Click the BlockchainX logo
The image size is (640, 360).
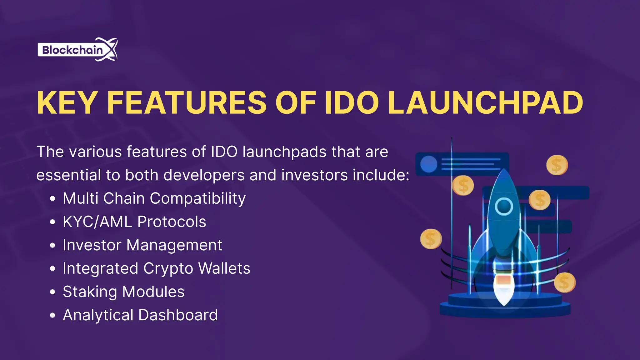tap(77, 50)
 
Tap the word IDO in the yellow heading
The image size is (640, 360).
tap(352, 103)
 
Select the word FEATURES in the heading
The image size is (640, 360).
tap(186, 103)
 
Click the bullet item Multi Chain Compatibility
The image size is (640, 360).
tap(154, 198)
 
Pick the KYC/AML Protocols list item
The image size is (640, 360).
tap(134, 222)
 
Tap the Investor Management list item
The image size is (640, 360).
tap(142, 245)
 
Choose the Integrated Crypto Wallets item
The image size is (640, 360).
tap(156, 268)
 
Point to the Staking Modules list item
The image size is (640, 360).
tap(123, 292)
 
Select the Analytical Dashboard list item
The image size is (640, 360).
tap(140, 315)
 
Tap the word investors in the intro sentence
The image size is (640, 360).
tap(314, 175)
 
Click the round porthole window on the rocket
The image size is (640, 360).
tap(503, 206)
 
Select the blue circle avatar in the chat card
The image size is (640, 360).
tap(428, 164)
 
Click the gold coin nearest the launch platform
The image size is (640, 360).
tap(564, 282)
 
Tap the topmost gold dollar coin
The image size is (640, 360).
tap(557, 165)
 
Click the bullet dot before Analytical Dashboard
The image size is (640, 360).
tap(52, 315)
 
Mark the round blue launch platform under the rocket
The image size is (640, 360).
tap(505, 308)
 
